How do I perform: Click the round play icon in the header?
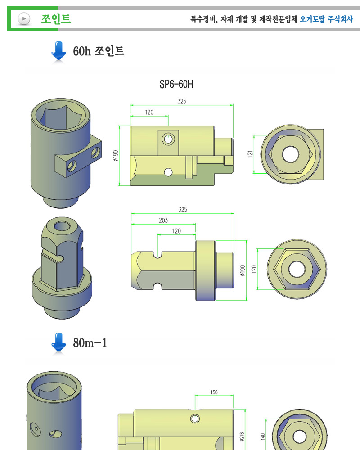click(23, 19)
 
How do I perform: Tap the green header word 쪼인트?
click(56, 19)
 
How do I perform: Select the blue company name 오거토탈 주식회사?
click(326, 19)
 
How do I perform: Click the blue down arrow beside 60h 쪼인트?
click(59, 51)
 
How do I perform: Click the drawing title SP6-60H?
click(180, 85)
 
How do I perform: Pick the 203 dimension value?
click(163, 220)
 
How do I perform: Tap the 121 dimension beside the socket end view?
click(251, 154)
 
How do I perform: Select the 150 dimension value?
click(214, 392)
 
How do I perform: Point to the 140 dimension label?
click(263, 436)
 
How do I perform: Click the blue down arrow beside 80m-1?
click(59, 343)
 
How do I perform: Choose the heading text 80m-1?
click(90, 343)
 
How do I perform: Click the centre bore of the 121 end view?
click(290, 154)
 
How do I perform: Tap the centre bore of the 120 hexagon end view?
click(297, 269)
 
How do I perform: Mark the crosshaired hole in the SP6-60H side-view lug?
click(168, 139)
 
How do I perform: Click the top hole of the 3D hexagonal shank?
click(60, 225)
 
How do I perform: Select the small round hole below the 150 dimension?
click(195, 418)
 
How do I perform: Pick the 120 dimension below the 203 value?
click(176, 231)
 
